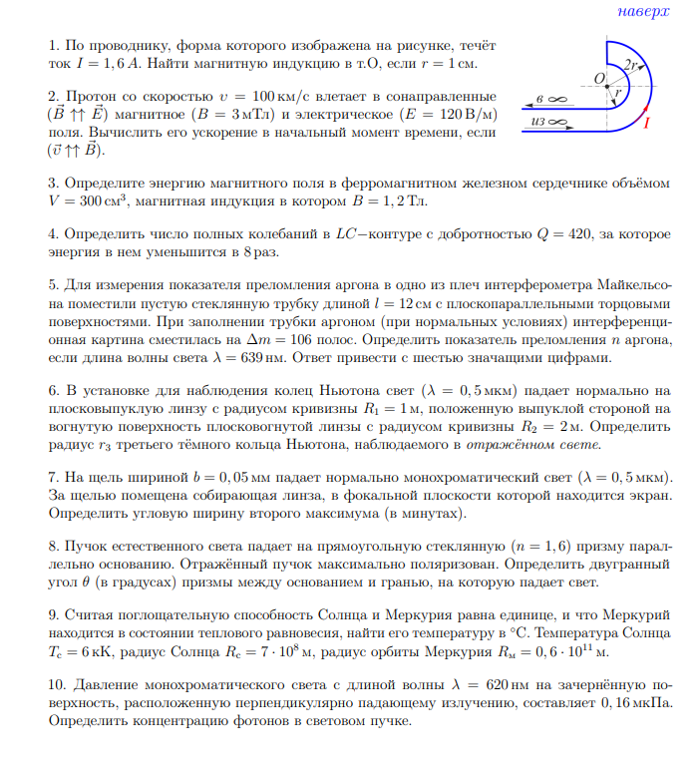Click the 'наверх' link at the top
coord(644,12)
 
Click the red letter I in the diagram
coord(646,123)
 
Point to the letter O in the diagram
coord(598,77)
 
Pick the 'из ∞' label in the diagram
coord(550,123)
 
